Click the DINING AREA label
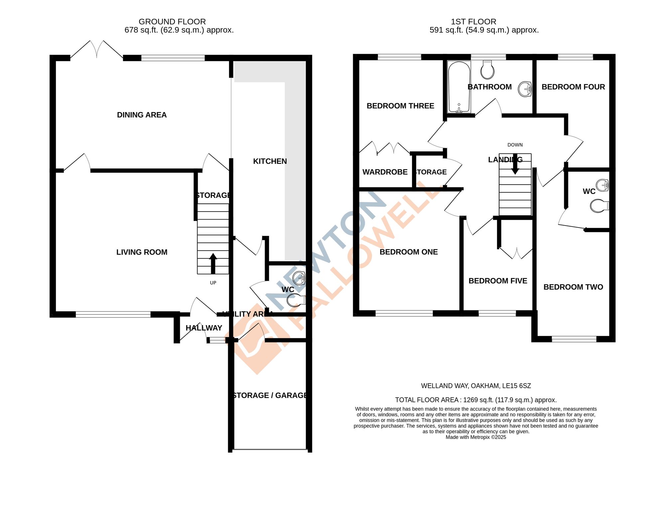click(142, 115)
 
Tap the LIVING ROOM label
click(142, 252)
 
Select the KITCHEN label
click(270, 161)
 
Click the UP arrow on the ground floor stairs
click(213, 263)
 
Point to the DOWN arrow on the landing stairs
click(515, 165)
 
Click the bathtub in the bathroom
click(459, 87)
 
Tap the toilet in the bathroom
click(487, 70)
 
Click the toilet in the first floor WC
click(599, 206)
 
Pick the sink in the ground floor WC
click(299, 278)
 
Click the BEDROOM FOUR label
click(573, 87)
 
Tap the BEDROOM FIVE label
click(498, 281)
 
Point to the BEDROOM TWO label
click(573, 287)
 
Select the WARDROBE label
click(385, 172)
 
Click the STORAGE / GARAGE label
click(270, 395)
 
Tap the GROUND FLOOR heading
click(172, 22)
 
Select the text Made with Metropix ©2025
click(476, 437)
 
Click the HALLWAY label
click(204, 328)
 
